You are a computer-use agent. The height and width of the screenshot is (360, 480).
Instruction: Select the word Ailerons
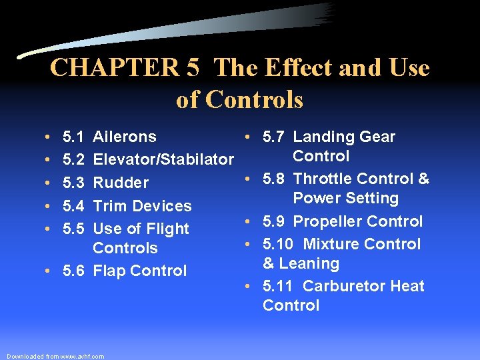coord(125,137)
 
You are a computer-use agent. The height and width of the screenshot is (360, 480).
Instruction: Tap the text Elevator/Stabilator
coord(163,159)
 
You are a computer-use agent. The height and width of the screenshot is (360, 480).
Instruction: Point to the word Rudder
coord(121,183)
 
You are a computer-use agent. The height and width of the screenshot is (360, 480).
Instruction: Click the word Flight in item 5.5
coord(167,229)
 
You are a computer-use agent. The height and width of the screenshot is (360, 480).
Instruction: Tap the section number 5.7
coord(274,137)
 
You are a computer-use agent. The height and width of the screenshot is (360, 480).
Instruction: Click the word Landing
coord(321,137)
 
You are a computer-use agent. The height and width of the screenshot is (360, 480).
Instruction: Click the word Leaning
coord(310,263)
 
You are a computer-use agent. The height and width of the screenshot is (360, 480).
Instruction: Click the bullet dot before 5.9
coord(247,221)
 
